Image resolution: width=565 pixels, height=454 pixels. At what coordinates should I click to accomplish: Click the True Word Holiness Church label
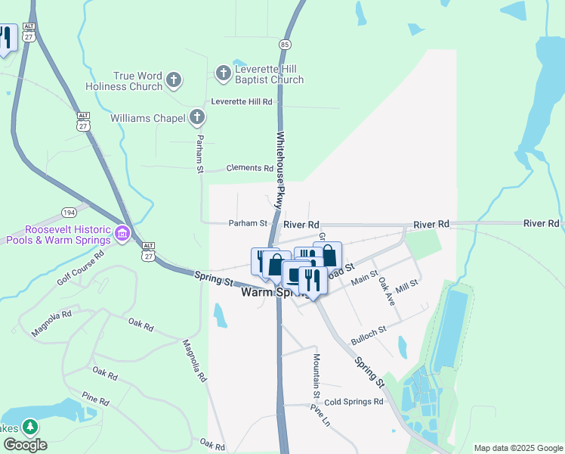137,81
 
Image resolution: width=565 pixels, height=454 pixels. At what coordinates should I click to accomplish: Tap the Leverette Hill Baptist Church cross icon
223,73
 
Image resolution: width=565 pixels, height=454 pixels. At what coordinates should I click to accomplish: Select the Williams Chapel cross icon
197,117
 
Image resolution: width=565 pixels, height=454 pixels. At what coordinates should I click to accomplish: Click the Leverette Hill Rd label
241,101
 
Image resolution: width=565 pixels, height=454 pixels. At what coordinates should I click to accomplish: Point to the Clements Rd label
250,168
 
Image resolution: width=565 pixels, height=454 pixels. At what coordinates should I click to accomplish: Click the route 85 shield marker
285,44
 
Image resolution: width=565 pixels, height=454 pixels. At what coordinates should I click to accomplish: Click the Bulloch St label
368,330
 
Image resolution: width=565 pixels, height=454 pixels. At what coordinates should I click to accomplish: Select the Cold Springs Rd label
354,402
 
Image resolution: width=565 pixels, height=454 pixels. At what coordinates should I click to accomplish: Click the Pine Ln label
320,415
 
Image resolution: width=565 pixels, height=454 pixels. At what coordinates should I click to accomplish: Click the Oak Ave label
386,290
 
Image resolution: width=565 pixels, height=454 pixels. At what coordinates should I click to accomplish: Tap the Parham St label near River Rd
249,223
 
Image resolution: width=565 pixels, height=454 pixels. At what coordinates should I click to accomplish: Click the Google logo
24,445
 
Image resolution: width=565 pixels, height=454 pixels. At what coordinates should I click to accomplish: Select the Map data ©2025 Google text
517,448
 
